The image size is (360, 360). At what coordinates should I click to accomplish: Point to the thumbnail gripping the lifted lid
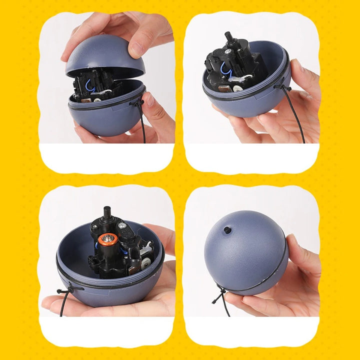(x=136, y=48)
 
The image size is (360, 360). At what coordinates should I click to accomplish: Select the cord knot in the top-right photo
(x=286, y=88)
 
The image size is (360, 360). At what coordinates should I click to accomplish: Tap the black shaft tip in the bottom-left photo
(x=107, y=210)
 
